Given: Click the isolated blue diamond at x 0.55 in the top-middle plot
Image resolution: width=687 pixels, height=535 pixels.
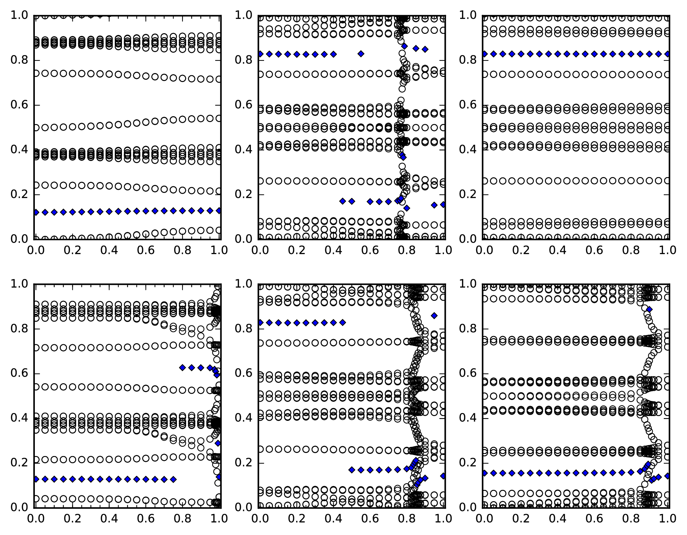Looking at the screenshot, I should tap(361, 54).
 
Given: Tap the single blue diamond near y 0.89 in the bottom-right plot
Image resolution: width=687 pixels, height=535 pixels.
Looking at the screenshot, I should tap(649, 309).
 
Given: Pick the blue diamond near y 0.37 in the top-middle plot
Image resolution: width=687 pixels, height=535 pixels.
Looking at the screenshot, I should tap(403, 157).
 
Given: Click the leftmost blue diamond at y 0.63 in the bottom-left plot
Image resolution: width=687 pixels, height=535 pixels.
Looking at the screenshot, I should tap(182, 367).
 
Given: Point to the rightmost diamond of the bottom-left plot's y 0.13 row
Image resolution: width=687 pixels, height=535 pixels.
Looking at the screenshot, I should tap(174, 479).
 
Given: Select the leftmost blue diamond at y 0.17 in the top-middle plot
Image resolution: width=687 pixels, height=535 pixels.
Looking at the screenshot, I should tap(342, 201).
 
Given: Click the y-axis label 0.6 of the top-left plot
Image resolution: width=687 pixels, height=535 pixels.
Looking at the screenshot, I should tap(19, 105).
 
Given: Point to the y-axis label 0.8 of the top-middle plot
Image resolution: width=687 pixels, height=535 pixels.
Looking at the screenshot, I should tap(243, 60).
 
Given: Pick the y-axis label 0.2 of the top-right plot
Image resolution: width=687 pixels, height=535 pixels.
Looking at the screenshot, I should tap(467, 195).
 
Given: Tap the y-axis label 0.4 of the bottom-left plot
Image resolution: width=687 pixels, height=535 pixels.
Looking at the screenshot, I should tap(19, 418).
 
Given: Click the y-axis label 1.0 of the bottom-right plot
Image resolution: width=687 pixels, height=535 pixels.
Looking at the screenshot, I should tap(467, 284).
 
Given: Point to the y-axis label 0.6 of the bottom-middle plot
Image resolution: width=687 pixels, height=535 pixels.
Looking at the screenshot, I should tap(243, 373).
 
